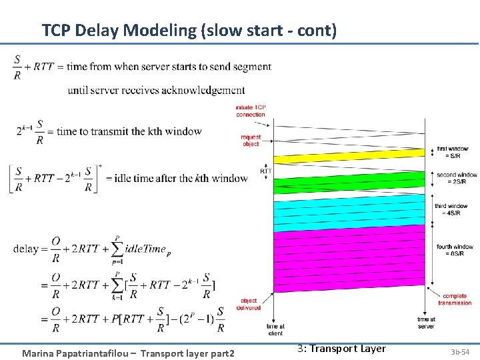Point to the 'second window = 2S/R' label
tap(456, 178)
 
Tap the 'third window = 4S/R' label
tap(451, 209)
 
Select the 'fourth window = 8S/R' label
tap(455, 250)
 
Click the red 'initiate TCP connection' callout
tap(250, 111)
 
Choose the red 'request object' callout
tap(251, 141)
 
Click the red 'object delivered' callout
tap(249, 304)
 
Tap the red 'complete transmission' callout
tap(454, 299)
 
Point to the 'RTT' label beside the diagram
tap(266, 171)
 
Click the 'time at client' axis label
tap(275, 329)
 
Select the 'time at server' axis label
tap(426, 323)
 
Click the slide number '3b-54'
tap(460, 351)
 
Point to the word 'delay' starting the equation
tap(25, 249)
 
